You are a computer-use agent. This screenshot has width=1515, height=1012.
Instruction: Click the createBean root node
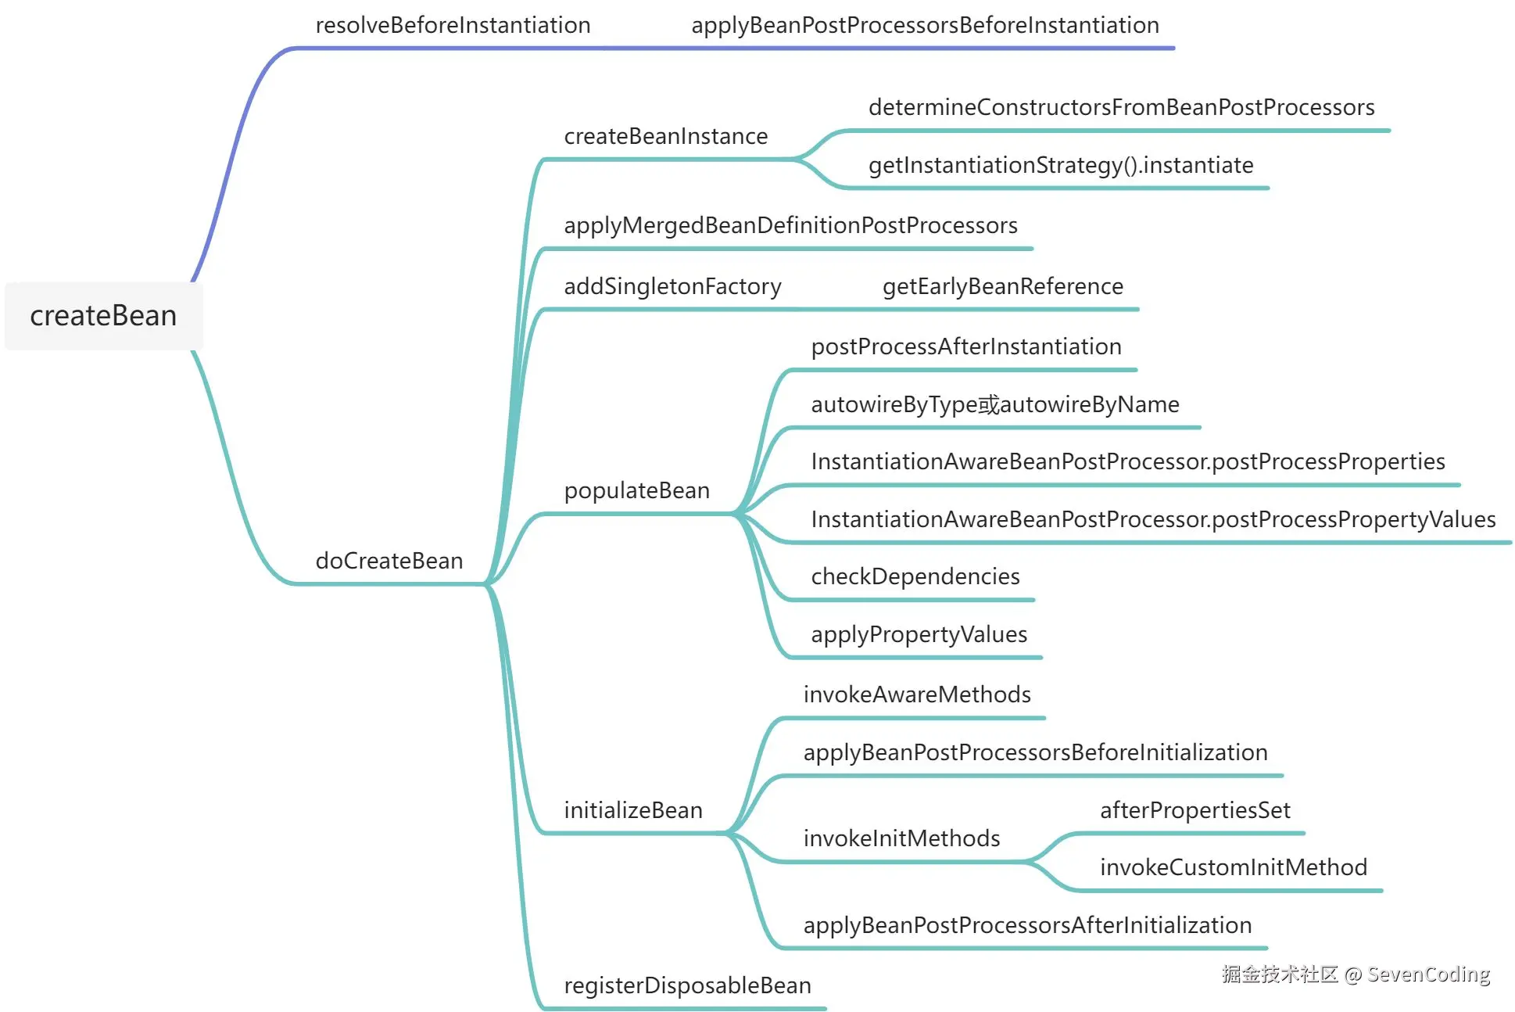coord(103,316)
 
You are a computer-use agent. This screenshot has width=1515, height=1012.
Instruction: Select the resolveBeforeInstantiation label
coord(453,25)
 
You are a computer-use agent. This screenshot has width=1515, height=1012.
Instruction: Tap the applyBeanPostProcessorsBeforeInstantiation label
coord(925,25)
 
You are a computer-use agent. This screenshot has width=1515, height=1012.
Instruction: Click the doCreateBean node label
coord(389,561)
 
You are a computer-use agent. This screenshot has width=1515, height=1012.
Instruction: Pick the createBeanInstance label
coord(665,136)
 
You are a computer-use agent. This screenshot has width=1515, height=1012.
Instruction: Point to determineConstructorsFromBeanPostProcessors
coord(1121,107)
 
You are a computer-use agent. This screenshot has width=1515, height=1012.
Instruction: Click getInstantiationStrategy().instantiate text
coord(1060,165)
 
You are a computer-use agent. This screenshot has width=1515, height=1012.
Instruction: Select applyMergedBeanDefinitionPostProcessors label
coord(790,225)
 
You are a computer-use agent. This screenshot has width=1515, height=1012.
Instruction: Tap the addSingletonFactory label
coord(672,286)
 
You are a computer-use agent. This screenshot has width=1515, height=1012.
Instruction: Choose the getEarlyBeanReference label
coord(1002,286)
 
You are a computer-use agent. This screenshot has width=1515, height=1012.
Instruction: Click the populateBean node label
coord(636,490)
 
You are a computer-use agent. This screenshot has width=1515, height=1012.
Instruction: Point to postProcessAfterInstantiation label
coord(965,346)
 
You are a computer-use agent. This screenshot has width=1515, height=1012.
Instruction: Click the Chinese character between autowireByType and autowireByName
coord(989,404)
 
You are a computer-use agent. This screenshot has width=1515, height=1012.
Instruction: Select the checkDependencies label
coord(915,576)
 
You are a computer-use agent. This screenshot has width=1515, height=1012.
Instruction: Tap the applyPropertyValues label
coord(919,634)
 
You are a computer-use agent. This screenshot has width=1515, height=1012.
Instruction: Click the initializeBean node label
coord(632,810)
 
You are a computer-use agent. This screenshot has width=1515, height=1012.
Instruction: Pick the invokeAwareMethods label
coord(916,694)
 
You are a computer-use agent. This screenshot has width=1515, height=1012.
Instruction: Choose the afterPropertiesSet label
coord(1194,810)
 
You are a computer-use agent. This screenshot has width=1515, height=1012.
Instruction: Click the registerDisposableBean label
coord(687,985)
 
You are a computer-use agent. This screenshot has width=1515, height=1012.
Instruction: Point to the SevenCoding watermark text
coord(1428,974)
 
